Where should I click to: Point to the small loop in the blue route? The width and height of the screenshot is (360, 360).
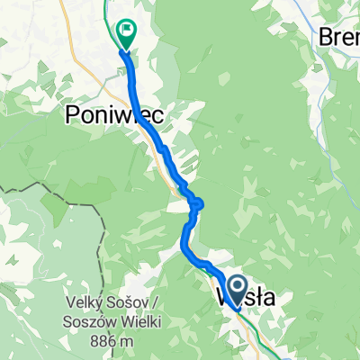[196, 205]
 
